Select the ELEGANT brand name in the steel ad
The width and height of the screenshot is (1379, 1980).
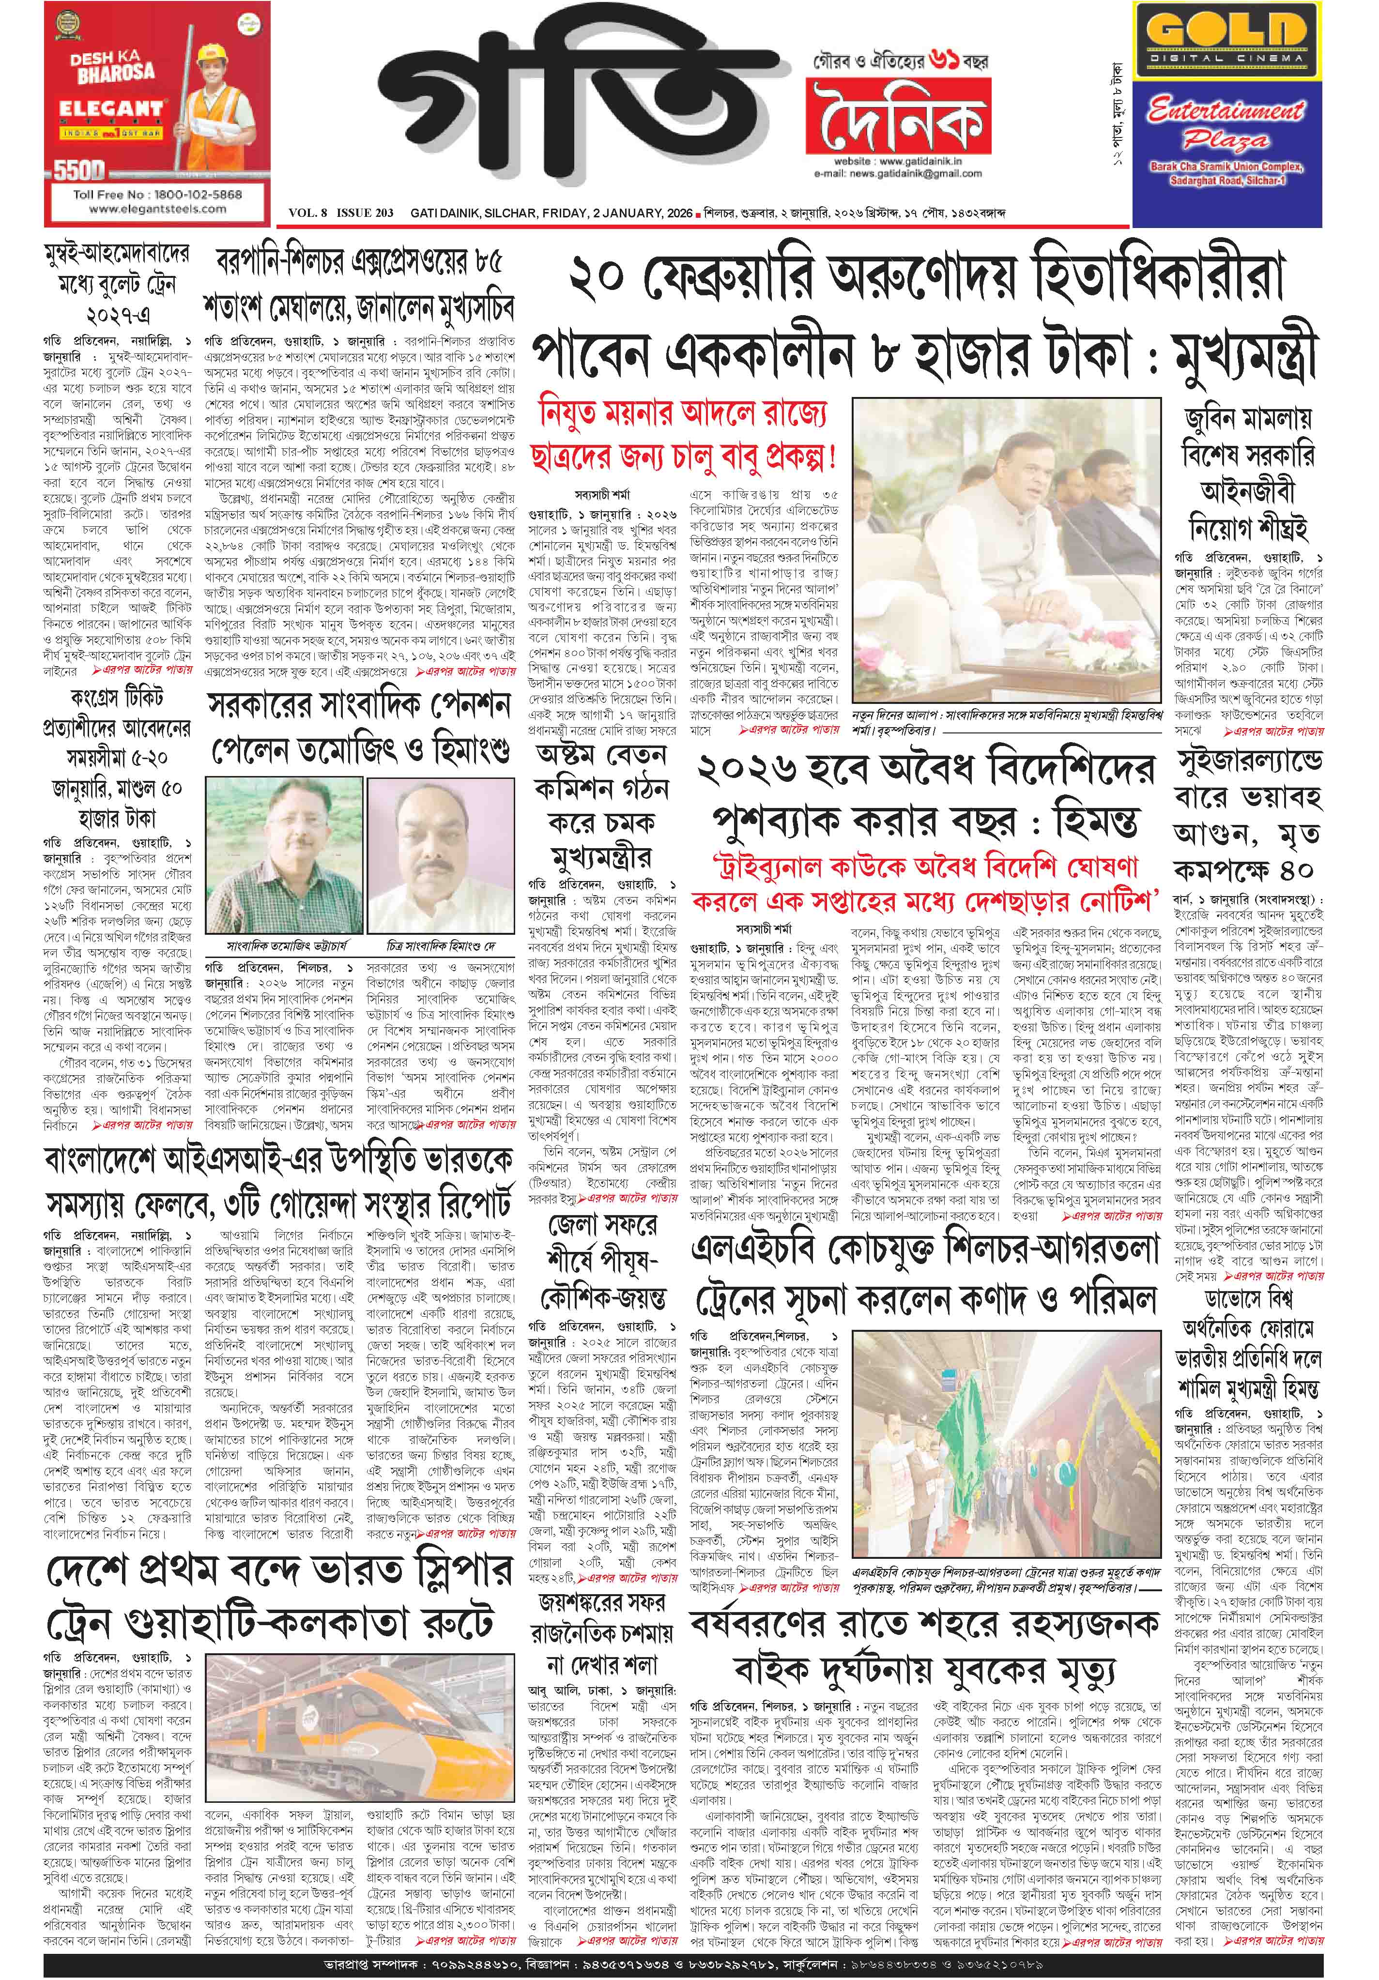click(x=110, y=109)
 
